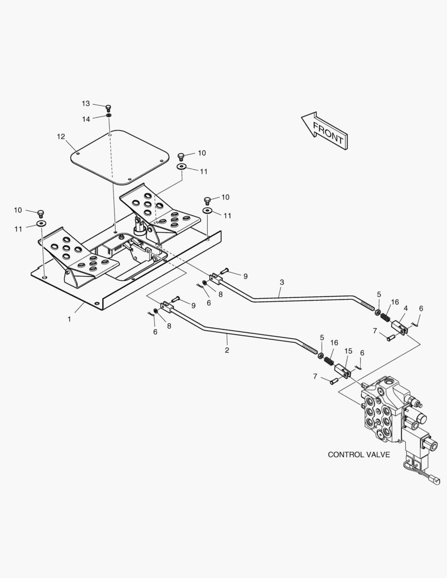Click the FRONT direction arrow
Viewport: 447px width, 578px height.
point(325,131)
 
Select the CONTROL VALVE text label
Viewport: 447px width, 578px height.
point(359,454)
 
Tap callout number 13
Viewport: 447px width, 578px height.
point(86,104)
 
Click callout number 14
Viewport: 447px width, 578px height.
point(86,119)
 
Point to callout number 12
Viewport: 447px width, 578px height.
point(61,137)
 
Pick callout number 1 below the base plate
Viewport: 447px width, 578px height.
point(70,319)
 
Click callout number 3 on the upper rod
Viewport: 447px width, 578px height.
point(282,283)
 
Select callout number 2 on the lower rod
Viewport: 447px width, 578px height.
point(227,350)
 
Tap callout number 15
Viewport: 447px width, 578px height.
point(348,351)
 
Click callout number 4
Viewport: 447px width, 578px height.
point(406,308)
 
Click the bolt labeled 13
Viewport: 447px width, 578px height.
point(109,108)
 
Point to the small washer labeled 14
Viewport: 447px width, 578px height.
point(109,116)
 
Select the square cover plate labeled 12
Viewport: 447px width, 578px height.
point(120,157)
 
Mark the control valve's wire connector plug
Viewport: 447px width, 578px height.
point(436,482)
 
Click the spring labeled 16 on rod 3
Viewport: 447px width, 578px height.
point(385,316)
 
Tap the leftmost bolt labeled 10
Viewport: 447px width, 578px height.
point(41,214)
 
